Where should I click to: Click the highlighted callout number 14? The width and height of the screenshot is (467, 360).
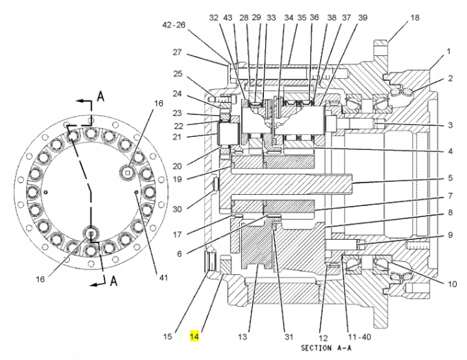click(x=195, y=337)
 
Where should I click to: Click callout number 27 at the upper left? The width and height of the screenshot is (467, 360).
click(x=177, y=52)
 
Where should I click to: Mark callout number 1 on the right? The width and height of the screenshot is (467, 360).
click(x=448, y=51)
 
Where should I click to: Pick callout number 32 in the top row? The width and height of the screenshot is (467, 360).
click(x=213, y=17)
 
